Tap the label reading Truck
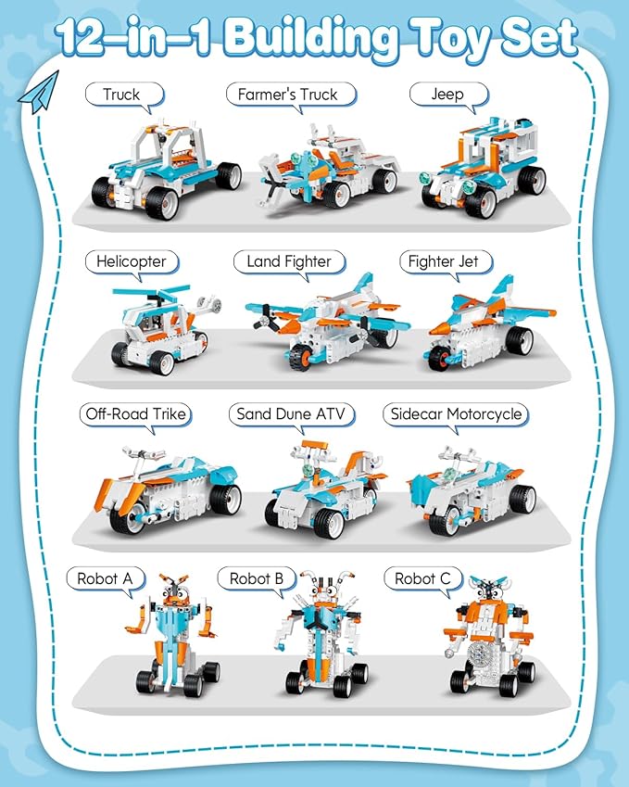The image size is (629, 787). click(121, 95)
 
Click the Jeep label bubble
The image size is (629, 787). click(448, 95)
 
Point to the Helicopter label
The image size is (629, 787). click(131, 261)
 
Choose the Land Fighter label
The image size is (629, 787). click(288, 261)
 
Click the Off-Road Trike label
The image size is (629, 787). click(134, 414)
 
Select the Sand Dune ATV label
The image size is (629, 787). click(296, 414)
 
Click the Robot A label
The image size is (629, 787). click(105, 579)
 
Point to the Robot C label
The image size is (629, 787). click(421, 579)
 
